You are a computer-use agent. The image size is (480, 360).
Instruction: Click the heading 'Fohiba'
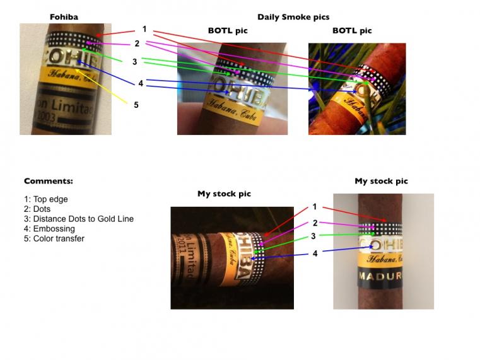64,17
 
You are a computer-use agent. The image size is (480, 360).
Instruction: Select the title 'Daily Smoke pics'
293,17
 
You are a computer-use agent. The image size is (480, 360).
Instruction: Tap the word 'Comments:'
48,181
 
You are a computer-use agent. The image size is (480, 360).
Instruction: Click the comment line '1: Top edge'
45,199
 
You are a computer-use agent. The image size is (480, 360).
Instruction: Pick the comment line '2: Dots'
38,209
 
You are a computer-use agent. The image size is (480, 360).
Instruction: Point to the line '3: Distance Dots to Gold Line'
78,219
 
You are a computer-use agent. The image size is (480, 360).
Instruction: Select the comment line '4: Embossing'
49,229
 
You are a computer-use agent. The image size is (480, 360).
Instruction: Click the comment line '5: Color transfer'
54,239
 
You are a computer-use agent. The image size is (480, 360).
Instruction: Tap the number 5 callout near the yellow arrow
136,105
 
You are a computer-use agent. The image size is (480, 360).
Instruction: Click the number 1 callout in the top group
144,29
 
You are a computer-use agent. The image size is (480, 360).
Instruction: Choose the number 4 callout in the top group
141,83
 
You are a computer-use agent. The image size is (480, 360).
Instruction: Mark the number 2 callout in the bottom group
314,223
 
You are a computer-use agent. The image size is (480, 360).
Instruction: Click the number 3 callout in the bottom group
314,237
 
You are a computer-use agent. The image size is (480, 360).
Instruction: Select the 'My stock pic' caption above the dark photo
224,194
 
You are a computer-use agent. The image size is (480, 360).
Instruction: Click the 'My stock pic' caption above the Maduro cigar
381,181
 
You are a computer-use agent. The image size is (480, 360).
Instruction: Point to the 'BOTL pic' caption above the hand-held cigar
228,30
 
